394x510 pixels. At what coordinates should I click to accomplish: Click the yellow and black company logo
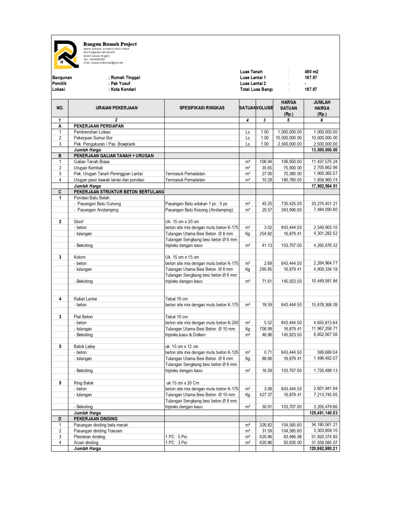[66, 55]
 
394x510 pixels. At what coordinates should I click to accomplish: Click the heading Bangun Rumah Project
[110, 44]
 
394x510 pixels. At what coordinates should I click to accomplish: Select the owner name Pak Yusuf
[120, 84]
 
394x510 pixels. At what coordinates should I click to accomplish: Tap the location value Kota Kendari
[123, 89]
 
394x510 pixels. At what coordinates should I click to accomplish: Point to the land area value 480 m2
[311, 72]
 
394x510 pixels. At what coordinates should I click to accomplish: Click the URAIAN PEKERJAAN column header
[116, 108]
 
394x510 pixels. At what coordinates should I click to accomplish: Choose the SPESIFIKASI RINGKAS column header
[202, 108]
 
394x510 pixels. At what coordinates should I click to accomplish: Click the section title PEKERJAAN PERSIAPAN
[98, 126]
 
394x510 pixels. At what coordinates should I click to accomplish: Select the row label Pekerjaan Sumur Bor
[93, 138]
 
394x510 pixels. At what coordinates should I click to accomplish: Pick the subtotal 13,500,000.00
[324, 150]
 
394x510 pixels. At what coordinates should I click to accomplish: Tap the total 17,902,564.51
[324, 186]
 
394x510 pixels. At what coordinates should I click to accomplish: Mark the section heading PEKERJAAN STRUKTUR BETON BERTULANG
[119, 192]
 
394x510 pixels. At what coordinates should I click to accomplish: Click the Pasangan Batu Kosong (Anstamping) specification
[199, 210]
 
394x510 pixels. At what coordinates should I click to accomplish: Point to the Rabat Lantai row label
[85, 299]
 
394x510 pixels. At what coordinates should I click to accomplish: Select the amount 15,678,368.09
[324, 305]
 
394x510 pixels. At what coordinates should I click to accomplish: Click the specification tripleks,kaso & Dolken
[185, 335]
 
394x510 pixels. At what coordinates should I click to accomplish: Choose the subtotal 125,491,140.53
[323, 413]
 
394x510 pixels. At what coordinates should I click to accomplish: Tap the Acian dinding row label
[86, 442]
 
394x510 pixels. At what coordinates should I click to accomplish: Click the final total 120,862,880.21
[323, 448]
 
